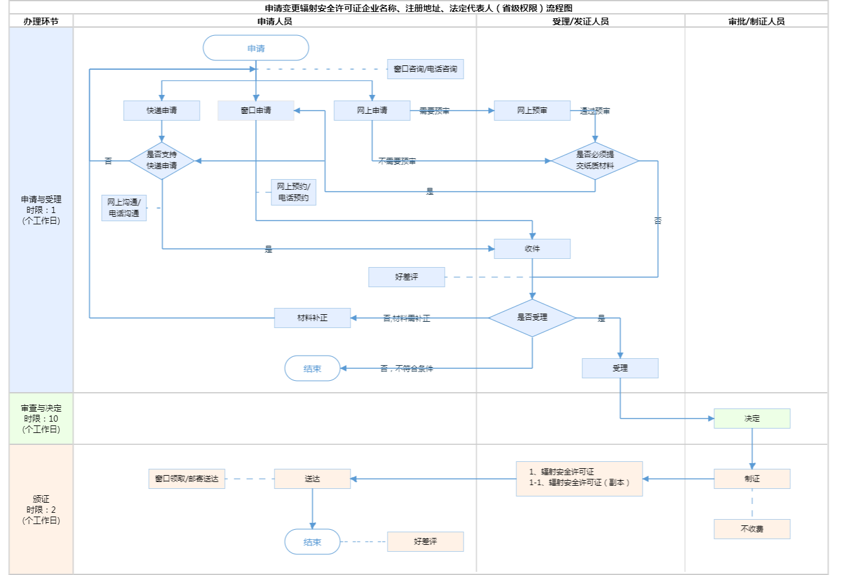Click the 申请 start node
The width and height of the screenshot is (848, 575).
[x=256, y=48]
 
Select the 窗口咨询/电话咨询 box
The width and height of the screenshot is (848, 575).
[x=425, y=69]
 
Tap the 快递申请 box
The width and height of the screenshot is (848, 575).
[x=161, y=111]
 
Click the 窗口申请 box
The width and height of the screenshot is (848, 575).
[x=256, y=111]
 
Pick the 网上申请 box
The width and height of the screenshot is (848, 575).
[x=372, y=111]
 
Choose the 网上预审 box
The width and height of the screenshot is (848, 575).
[x=532, y=111]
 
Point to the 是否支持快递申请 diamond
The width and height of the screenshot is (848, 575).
[x=161, y=161]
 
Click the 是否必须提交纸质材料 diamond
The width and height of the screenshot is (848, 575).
[x=595, y=161]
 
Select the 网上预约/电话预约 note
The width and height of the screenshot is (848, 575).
[x=293, y=192]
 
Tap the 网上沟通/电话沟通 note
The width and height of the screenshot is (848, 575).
[x=124, y=208]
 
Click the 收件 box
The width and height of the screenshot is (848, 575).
[x=532, y=249]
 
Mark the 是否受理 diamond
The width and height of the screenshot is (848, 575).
[x=532, y=318]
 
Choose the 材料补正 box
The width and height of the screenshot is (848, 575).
[x=312, y=318]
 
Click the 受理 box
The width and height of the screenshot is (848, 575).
[x=620, y=368]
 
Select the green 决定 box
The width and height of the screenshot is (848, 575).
[x=752, y=419]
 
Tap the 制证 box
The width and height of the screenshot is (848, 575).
[x=752, y=479]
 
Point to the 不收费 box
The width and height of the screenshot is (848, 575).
[x=752, y=529]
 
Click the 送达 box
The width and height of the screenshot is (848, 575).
[x=312, y=479]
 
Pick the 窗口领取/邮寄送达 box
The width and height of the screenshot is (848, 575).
[x=187, y=479]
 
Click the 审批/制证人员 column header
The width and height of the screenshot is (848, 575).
[x=756, y=21]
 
